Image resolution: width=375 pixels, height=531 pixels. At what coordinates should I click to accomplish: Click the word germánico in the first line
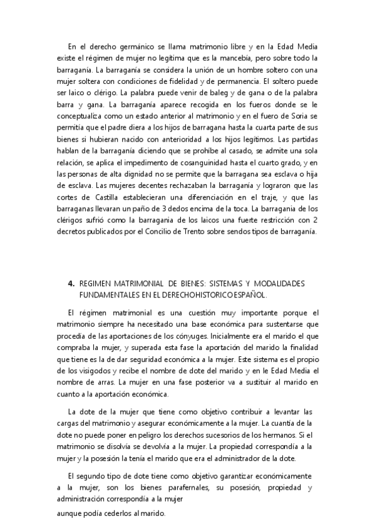pos(130,46)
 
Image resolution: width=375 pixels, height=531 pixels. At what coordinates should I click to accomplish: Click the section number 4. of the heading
pos(71,283)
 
